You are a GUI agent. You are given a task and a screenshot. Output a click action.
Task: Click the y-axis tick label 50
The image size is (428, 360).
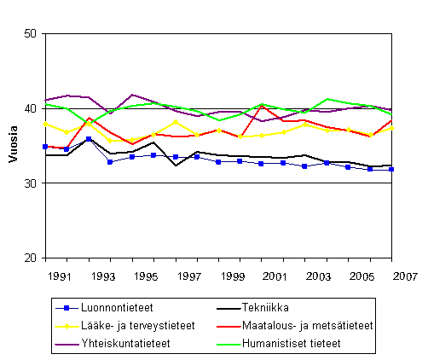coord(30,34)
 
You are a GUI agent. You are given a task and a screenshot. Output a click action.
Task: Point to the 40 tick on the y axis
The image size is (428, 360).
coord(30,108)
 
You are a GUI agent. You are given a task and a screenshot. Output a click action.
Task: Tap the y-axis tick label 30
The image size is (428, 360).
coord(30,183)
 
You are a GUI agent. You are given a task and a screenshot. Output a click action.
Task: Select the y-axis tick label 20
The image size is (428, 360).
coord(30,258)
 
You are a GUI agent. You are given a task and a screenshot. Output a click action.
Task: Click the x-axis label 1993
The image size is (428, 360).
coord(104,277)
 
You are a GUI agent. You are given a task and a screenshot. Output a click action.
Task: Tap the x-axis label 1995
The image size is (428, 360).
coord(147,277)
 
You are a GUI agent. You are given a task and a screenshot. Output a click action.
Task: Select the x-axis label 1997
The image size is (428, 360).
coord(192,277)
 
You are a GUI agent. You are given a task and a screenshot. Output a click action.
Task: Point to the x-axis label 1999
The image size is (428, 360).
coord(235,277)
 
